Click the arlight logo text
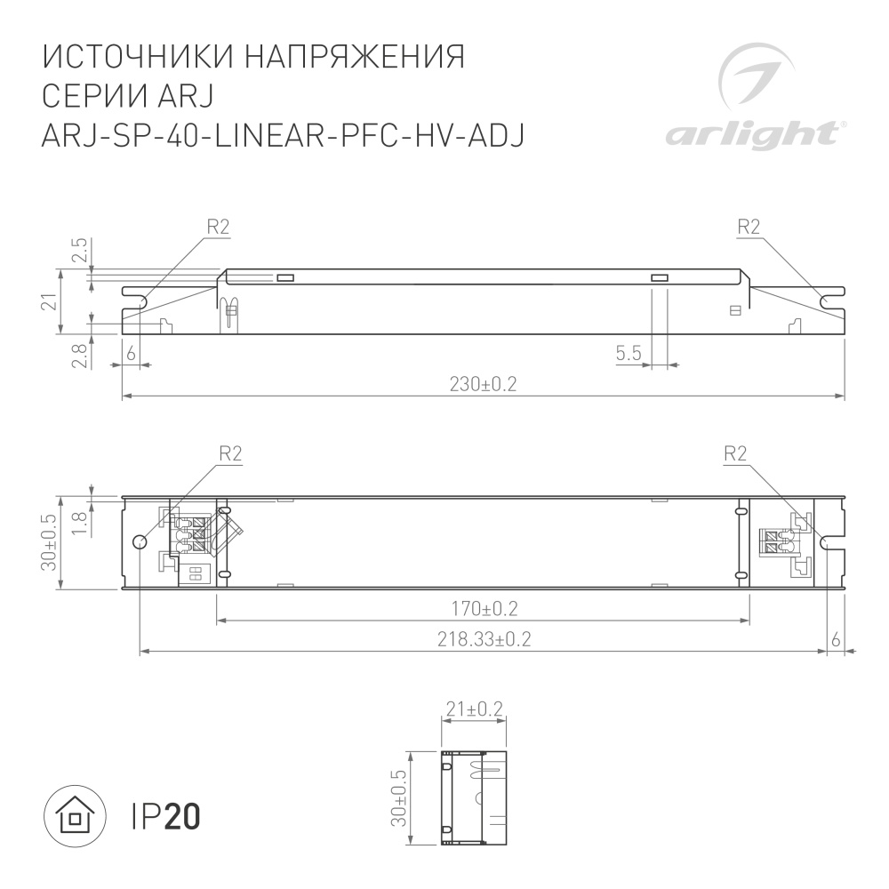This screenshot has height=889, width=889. [751, 135]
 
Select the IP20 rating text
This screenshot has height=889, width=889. [166, 815]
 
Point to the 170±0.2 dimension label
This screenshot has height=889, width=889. [484, 609]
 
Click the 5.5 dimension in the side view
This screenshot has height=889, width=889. [629, 355]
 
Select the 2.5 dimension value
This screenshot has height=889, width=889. [80, 251]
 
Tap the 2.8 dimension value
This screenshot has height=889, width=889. [80, 355]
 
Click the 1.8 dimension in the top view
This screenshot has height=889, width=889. [80, 521]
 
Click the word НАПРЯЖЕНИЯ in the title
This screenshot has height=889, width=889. [355, 56]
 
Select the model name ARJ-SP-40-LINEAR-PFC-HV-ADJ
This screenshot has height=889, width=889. [284, 134]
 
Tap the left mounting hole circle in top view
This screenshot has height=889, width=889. [139, 542]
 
